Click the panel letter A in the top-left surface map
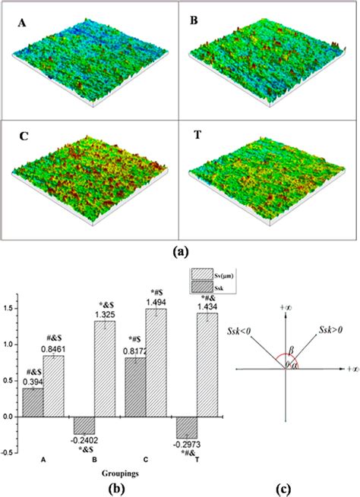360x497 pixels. pos(22,24)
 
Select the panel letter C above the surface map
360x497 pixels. pos(24,140)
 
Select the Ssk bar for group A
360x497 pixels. pos(33,402)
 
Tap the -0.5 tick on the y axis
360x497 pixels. pos(8,453)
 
